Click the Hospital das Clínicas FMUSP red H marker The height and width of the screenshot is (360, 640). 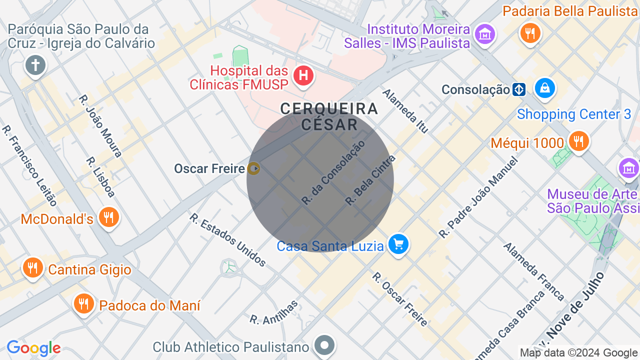(x=303, y=76)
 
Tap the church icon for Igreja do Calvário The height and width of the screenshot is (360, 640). (x=35, y=65)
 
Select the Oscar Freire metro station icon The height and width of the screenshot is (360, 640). (x=254, y=169)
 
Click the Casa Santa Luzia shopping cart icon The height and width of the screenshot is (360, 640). (x=398, y=244)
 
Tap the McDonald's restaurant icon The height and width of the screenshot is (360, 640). (x=108, y=217)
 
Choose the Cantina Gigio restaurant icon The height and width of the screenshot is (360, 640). (x=33, y=267)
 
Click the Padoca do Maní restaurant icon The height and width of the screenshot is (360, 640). (x=84, y=303)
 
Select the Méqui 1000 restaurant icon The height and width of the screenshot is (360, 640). (x=578, y=141)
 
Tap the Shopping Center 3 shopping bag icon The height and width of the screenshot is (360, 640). (x=544, y=88)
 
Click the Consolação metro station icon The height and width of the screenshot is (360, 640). (x=519, y=90)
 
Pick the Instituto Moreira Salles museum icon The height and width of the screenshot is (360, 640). (x=484, y=34)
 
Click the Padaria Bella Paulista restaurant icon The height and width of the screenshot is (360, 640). (x=530, y=33)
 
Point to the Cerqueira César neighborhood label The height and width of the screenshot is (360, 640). (x=329, y=116)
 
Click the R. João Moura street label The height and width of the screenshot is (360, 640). (x=100, y=126)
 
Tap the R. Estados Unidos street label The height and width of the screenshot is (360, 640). (x=227, y=239)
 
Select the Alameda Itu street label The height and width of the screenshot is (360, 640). (x=405, y=111)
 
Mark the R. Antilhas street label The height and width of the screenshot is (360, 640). (x=274, y=312)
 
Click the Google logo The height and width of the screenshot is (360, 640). (x=33, y=348)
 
